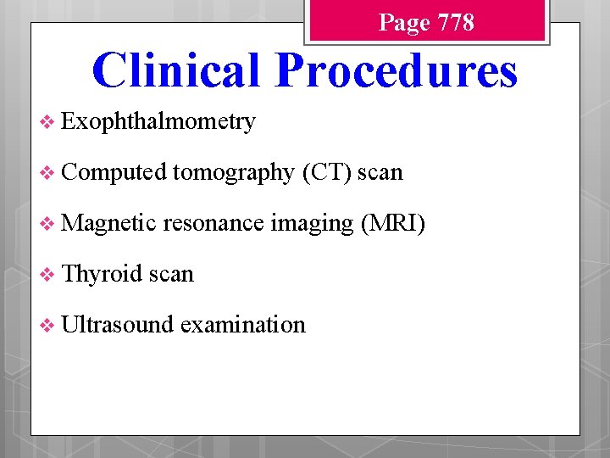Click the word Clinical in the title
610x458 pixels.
coord(176,70)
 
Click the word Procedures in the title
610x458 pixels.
coord(396,70)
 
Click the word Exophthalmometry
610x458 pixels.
coord(158,122)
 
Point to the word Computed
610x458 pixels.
coord(114,172)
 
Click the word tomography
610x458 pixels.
coord(233,173)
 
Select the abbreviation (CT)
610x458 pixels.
coord(326,172)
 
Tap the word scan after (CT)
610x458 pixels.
coord(380,173)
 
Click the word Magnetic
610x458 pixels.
coord(109,223)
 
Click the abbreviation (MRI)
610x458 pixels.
coord(393,223)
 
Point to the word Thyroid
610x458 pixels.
coord(103,274)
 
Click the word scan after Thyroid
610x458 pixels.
coord(171,274)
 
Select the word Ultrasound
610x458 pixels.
coord(118,324)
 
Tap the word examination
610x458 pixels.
coord(242,324)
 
